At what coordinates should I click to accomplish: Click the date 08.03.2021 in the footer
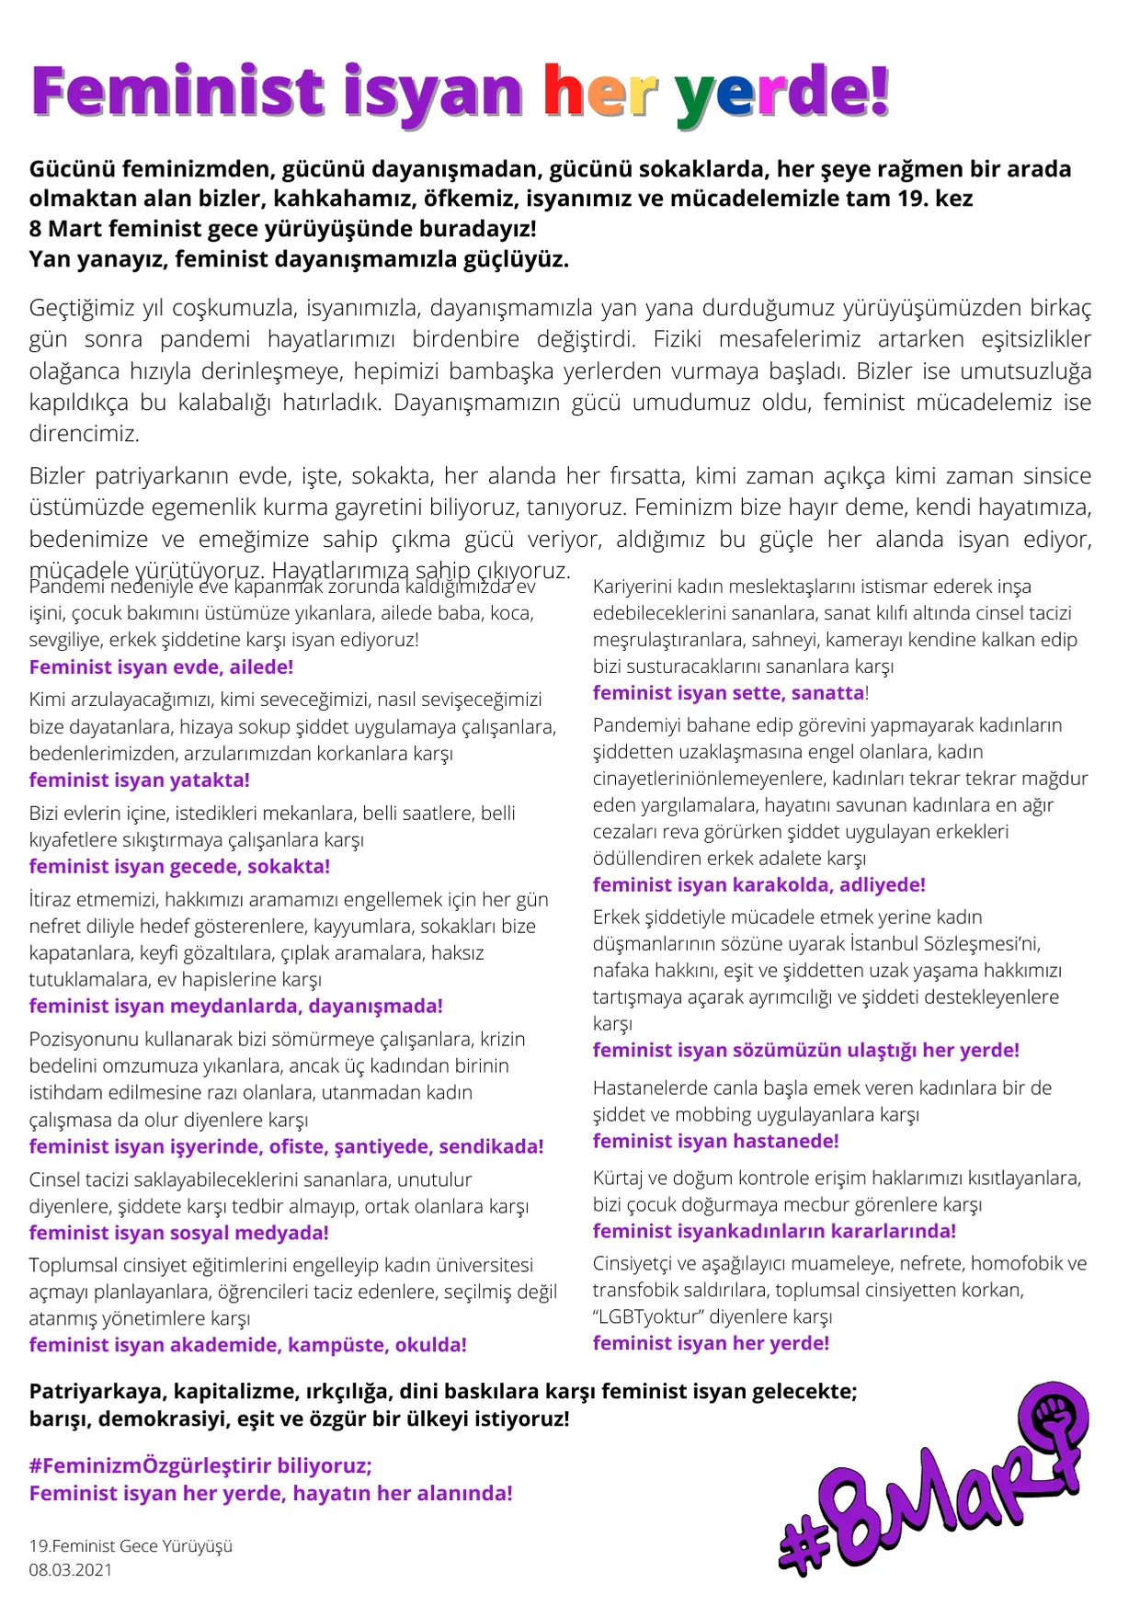[71, 1569]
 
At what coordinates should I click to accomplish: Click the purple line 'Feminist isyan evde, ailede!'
[161, 667]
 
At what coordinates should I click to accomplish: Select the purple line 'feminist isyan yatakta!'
[139, 780]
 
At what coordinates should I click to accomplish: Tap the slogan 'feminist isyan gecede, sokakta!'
[179, 867]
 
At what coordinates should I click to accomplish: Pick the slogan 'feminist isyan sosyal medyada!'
[178, 1233]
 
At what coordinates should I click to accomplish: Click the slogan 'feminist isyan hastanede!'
[715, 1142]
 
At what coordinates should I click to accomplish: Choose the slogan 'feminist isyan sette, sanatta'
[728, 693]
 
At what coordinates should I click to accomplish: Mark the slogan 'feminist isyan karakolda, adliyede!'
[758, 885]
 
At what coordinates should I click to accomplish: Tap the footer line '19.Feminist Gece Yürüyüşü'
[131, 1545]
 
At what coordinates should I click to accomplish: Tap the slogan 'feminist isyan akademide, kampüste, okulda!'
[247, 1346]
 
